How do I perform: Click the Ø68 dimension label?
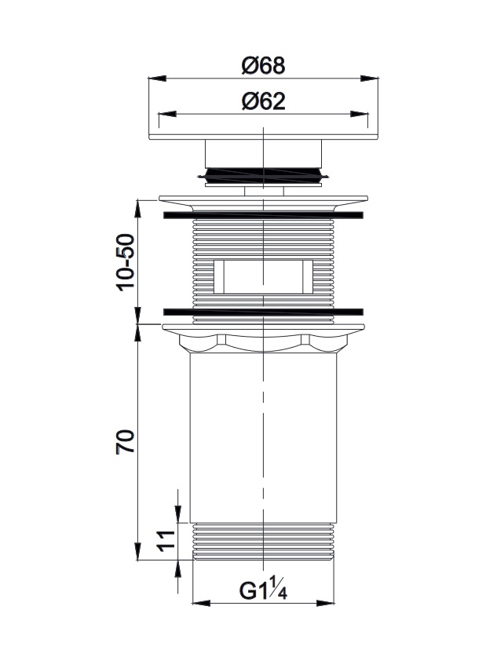264,66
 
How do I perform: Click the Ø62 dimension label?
264,101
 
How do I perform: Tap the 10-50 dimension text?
126,263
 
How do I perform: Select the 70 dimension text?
126,441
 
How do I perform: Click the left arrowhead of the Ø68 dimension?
158,79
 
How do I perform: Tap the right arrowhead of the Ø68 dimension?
369,79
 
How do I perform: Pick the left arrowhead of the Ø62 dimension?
167,114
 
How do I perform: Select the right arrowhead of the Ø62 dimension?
360,114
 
